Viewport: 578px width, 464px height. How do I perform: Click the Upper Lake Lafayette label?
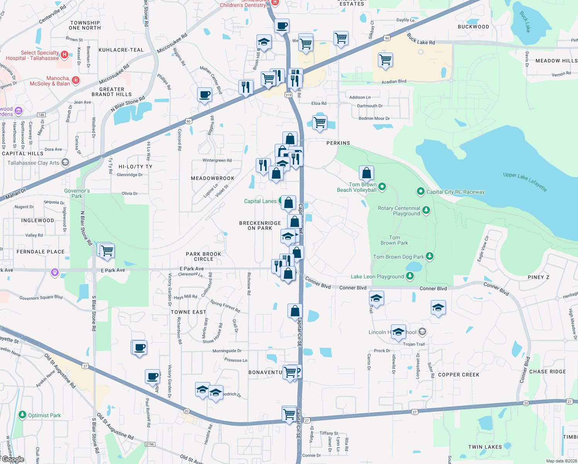(x=525, y=181)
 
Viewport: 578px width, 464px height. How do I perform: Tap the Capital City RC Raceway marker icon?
(x=421, y=191)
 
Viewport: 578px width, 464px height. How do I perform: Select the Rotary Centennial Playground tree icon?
(x=426, y=210)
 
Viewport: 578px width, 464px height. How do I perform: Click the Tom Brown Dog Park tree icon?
(x=429, y=256)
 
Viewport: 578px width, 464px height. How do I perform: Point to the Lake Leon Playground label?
(x=377, y=276)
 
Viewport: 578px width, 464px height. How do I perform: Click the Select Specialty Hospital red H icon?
(x=65, y=55)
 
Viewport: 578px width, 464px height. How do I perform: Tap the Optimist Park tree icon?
(x=23, y=415)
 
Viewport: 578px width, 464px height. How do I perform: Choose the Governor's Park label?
(x=77, y=193)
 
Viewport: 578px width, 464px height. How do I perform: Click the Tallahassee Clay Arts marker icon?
(x=65, y=162)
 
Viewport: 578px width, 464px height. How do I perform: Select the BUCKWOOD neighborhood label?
(x=473, y=27)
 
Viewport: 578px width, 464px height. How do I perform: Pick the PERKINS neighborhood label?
(x=338, y=143)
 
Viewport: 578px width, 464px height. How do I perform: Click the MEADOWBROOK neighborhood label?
(x=212, y=178)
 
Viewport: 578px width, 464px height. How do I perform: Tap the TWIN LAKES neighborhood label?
(x=485, y=447)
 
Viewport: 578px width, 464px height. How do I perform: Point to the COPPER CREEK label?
(x=459, y=375)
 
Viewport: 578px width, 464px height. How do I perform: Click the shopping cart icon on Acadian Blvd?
(x=385, y=60)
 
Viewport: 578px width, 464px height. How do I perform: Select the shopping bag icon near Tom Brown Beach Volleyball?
(x=366, y=173)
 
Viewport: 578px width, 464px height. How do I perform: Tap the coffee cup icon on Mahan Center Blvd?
(x=204, y=94)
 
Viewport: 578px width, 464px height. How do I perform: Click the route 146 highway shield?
(x=41, y=115)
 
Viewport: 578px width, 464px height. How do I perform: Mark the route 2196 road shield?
(x=150, y=444)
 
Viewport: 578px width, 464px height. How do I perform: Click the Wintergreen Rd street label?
(x=217, y=160)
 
